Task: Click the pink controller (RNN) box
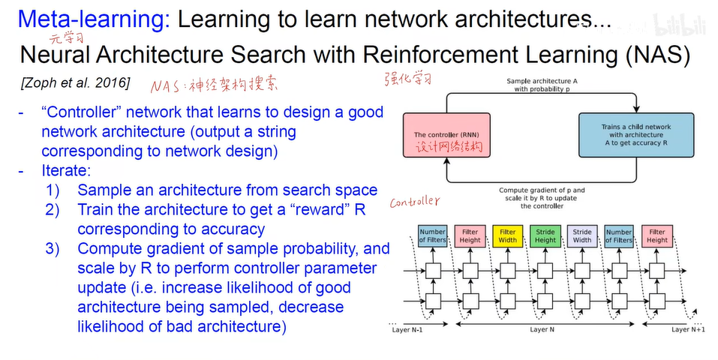pyautogui.click(x=446, y=134)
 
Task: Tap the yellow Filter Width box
pyautogui.click(x=508, y=236)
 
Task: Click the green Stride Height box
pyautogui.click(x=545, y=236)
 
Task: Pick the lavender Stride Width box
pyautogui.click(x=582, y=236)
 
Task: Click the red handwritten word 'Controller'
pyautogui.click(x=413, y=202)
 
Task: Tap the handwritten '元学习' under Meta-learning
pyautogui.click(x=66, y=37)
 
